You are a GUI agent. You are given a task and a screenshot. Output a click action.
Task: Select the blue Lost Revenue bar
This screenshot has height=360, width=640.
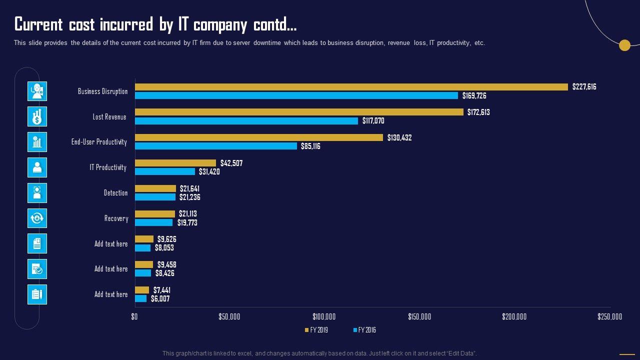coord(246,121)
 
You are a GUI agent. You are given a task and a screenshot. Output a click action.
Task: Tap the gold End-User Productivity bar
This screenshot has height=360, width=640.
coord(259,137)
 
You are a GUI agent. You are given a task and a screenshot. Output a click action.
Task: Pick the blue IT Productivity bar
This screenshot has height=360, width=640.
coord(165,171)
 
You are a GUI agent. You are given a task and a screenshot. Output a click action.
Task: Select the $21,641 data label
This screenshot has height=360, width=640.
coord(190,188)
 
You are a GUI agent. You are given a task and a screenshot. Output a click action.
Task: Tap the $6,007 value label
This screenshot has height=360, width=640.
coord(160,299)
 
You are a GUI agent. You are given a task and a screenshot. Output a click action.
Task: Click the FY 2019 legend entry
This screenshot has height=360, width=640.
coord(316,330)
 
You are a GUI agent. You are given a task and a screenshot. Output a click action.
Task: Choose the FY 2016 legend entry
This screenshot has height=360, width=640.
coord(364,330)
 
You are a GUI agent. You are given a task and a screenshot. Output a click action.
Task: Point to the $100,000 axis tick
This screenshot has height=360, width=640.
coord(324,316)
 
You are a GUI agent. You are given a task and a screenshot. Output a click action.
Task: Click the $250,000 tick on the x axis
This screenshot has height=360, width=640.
coord(610,316)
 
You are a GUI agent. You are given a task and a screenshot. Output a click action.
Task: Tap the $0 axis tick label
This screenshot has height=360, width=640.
coord(134,316)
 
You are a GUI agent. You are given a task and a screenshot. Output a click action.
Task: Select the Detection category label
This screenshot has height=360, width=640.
coord(116,193)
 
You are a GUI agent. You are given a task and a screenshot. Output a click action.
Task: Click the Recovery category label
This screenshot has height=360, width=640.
coord(116,218)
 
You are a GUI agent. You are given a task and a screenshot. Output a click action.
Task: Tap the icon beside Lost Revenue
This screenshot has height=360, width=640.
coord(37,116)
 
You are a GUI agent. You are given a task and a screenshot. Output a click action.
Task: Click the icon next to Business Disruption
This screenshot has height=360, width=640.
coord(37,91)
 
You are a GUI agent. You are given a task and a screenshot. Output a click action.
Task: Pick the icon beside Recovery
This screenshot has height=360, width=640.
coord(37,218)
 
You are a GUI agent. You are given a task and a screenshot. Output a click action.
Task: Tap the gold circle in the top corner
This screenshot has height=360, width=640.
coord(624,45)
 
